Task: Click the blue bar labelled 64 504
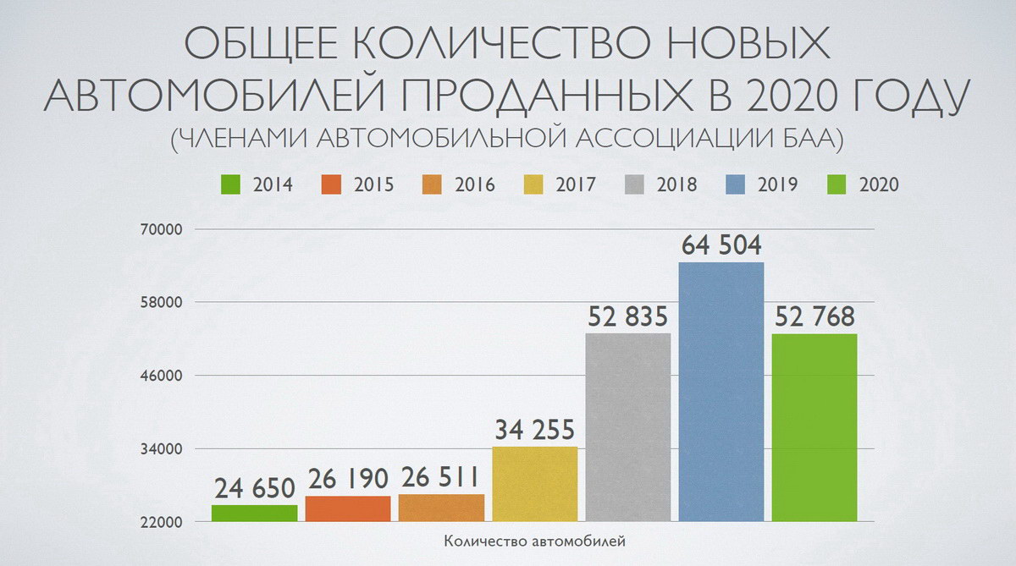[x=721, y=392]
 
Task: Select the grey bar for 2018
[x=628, y=427]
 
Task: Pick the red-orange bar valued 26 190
[x=348, y=508]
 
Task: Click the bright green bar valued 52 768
[x=814, y=427]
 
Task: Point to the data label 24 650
[x=254, y=489]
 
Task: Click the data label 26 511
[x=440, y=478]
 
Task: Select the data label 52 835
[x=628, y=317]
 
